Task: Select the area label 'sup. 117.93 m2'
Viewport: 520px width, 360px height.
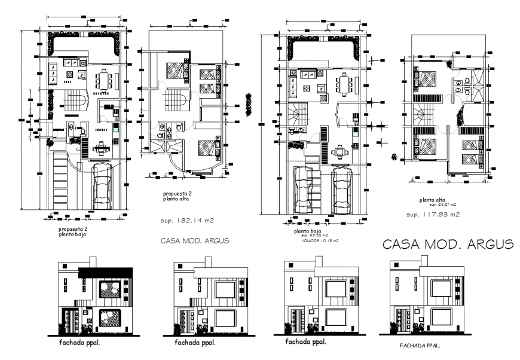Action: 433,214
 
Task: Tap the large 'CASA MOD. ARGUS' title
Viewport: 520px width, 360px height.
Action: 448,245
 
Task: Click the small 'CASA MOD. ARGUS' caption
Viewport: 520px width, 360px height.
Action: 195,241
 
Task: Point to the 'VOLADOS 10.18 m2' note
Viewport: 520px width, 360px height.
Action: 319,241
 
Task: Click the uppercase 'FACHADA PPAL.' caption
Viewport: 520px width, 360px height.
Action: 420,346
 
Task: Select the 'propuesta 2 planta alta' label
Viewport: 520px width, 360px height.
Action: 177,197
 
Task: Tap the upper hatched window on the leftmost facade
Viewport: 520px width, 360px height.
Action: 111,289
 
